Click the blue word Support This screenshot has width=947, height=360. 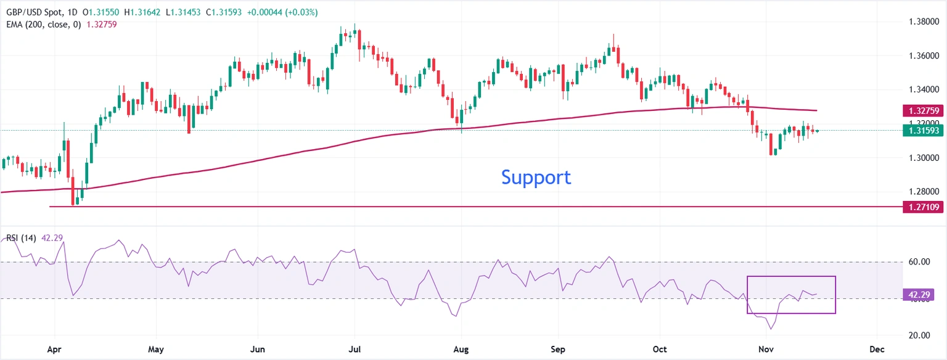click(x=536, y=178)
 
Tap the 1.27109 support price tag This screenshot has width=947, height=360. click(x=922, y=207)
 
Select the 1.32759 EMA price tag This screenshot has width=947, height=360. click(x=922, y=112)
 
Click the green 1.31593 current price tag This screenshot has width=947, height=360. click(x=922, y=130)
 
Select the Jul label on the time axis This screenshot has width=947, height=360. click(x=355, y=349)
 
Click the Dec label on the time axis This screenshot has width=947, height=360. click(x=877, y=349)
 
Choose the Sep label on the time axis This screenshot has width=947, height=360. click(x=557, y=349)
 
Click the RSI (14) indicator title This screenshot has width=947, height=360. click(x=22, y=238)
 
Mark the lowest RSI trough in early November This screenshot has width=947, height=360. click(x=771, y=329)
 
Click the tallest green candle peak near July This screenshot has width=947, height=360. click(x=355, y=25)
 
